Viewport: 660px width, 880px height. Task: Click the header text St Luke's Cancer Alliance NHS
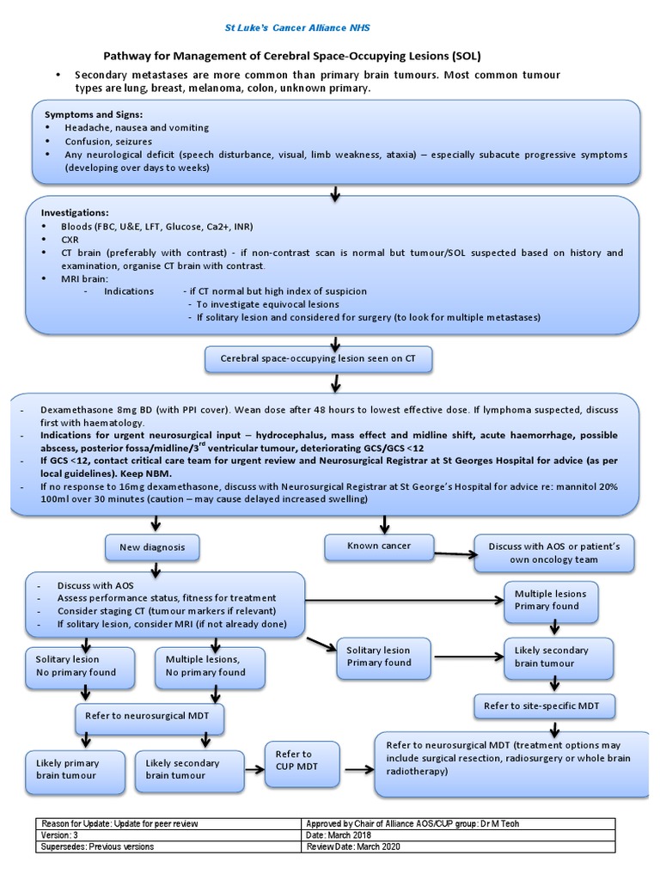(x=297, y=27)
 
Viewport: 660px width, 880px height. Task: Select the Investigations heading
(x=76, y=211)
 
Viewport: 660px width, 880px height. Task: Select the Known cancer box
(x=379, y=546)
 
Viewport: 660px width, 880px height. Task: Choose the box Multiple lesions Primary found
(x=551, y=599)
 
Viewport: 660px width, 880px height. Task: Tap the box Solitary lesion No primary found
(x=81, y=665)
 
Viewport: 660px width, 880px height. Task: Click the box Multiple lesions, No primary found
(x=205, y=665)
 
